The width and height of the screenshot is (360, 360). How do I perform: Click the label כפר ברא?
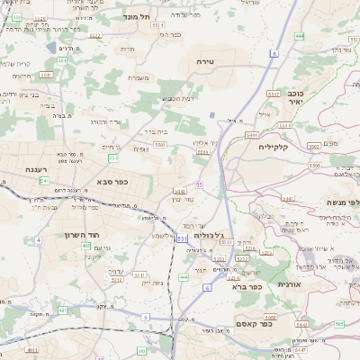click(246, 287)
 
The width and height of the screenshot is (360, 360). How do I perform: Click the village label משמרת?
click(138, 78)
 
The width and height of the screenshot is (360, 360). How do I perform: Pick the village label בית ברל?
click(156, 130)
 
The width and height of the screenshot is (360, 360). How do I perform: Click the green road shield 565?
click(339, 323)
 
